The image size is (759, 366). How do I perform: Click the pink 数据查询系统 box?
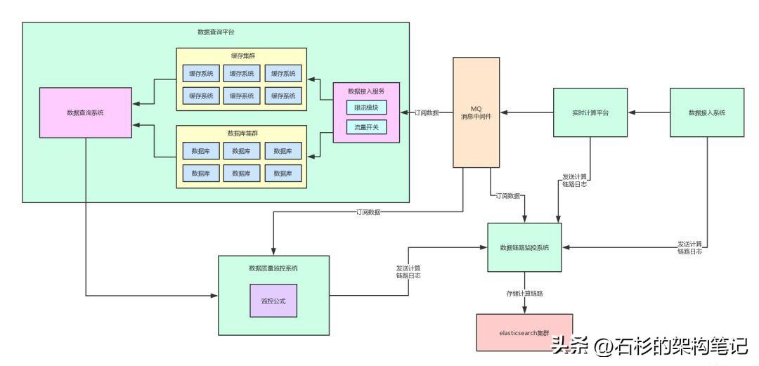[85, 112]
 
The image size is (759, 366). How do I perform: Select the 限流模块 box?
[366, 108]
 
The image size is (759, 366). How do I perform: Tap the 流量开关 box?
[366, 127]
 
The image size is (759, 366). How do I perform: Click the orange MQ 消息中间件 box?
[476, 112]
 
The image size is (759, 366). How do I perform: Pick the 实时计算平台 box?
[589, 112]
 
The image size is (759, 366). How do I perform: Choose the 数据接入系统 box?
[706, 112]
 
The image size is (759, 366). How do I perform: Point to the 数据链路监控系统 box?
[524, 247]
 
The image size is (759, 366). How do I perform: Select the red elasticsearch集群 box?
[524, 332]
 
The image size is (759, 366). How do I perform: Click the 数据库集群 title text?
[241, 133]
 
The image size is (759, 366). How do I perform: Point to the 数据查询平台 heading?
[216, 32]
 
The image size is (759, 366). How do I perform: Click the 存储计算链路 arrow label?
[524, 292]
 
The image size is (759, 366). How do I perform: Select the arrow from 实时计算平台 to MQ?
[526, 112]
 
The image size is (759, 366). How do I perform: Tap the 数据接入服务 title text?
[366, 91]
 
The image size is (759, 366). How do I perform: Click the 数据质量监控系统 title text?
[273, 268]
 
